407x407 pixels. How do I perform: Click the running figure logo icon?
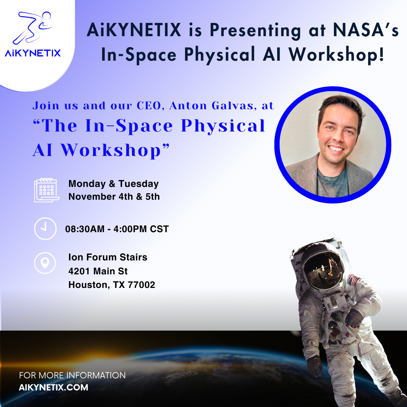pos(34,28)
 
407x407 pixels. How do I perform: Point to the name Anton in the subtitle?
pos(185,106)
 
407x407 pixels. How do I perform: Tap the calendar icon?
pos(46,190)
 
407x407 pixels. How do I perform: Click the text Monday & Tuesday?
pos(113,184)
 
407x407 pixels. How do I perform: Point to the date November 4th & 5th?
pos(114,197)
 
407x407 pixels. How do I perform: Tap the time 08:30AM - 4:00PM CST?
pos(117,229)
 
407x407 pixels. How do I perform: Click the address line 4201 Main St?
pos(98,271)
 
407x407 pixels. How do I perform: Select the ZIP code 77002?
pos(142,285)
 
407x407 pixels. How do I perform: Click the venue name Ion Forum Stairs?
pos(108,257)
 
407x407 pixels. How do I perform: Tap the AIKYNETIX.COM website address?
pos(53,387)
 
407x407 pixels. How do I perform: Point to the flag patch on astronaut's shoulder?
pos(353,280)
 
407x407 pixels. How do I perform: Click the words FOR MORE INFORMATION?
pos(72,376)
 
